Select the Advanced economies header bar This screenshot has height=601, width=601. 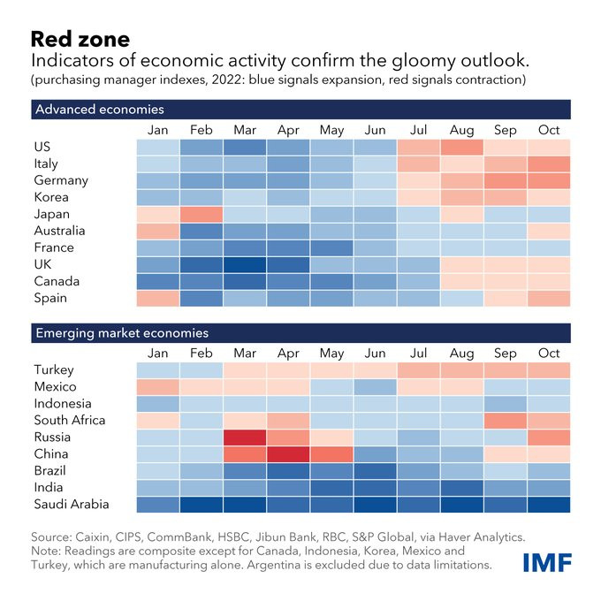coord(300,110)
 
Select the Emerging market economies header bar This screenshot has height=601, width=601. coord(300,333)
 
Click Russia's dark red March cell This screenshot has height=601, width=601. coord(245,437)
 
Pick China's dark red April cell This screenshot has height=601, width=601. coord(288,454)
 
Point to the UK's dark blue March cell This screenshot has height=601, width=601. coord(245,264)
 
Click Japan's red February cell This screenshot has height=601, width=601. coord(202,214)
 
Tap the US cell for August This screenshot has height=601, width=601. coord(462,147)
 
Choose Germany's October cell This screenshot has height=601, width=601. coord(549,180)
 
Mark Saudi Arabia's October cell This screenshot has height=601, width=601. coord(549,505)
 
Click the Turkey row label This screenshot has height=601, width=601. coord(54,370)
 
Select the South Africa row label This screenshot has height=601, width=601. coord(70,421)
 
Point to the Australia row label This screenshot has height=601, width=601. coord(59,231)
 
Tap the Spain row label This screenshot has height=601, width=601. coord(50,298)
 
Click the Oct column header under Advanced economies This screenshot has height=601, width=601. coord(549,130)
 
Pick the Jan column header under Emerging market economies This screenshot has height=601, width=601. coord(158,354)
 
